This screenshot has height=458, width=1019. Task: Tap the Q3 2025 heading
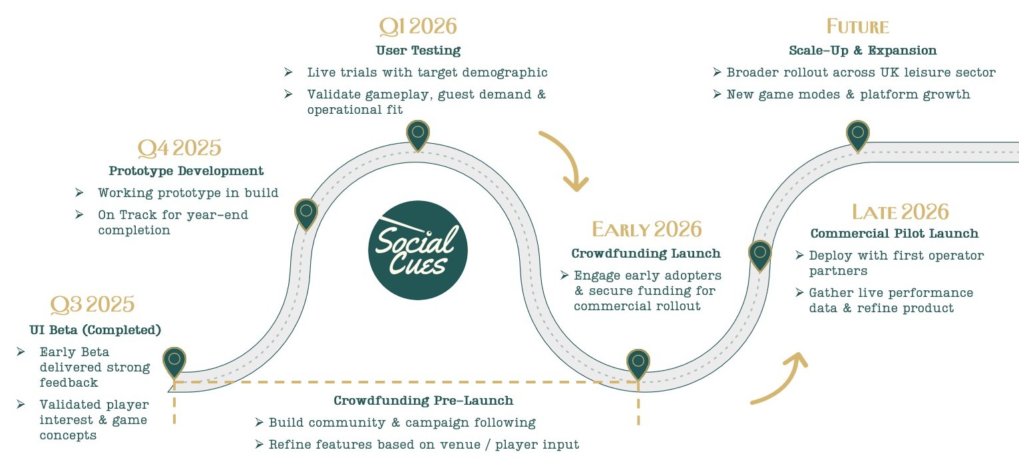point(93,304)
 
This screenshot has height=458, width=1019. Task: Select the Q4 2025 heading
point(179,147)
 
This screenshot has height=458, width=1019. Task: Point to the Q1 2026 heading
point(418,27)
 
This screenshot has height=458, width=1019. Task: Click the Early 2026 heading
point(646,229)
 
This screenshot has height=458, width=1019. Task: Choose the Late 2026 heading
point(900,212)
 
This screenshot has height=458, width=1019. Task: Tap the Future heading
point(858,27)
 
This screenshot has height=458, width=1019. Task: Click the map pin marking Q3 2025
point(174,360)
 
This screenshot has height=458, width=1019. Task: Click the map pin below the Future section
point(858,133)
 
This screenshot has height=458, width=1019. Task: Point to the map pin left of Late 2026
point(759,254)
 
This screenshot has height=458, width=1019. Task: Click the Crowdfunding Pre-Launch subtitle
point(423,401)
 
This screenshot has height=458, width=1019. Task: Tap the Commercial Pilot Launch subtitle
point(894,234)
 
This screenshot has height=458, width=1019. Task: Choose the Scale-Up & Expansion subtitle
point(863,51)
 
